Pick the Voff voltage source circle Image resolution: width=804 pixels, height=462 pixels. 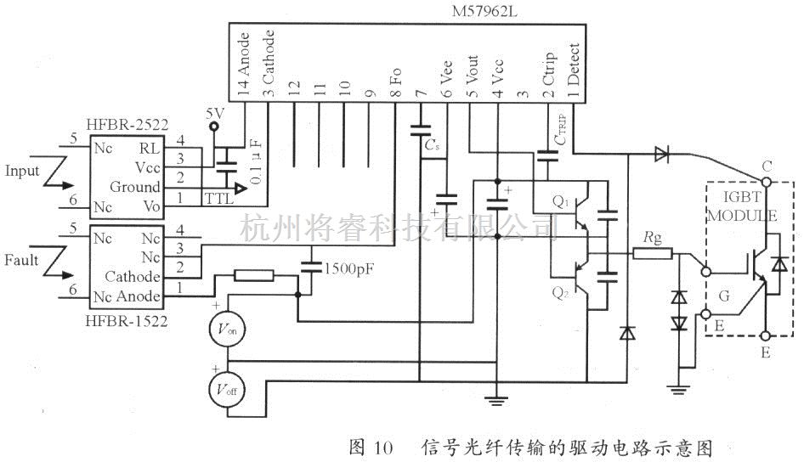tap(226, 390)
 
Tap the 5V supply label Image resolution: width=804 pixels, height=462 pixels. tap(215, 111)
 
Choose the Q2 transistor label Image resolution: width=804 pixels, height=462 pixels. tap(560, 293)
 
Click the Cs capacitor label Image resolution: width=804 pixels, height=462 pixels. tap(432, 145)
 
